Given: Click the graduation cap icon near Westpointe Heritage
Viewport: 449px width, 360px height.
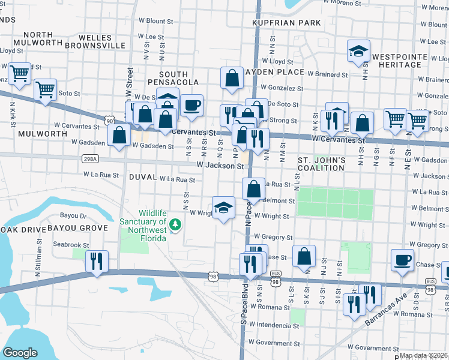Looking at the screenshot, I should (x=358, y=52).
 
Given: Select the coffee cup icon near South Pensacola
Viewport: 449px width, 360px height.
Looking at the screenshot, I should (x=191, y=106).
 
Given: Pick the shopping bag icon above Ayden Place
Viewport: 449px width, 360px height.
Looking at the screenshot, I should (x=232, y=79).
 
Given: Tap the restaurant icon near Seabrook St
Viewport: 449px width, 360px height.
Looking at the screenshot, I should (x=96, y=262).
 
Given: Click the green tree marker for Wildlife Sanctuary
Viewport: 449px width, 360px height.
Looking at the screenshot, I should (x=175, y=225).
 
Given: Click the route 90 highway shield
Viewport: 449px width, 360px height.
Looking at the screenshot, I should (x=109, y=121).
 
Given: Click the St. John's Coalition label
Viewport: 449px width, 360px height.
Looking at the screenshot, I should (x=322, y=164).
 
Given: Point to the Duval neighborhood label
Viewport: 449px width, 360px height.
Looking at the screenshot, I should (x=142, y=178).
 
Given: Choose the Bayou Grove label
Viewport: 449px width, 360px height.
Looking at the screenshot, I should (x=86, y=228).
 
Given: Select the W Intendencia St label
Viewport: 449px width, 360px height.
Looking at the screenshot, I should (x=274, y=326).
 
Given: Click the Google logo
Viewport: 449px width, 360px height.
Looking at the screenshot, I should (x=20, y=352).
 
